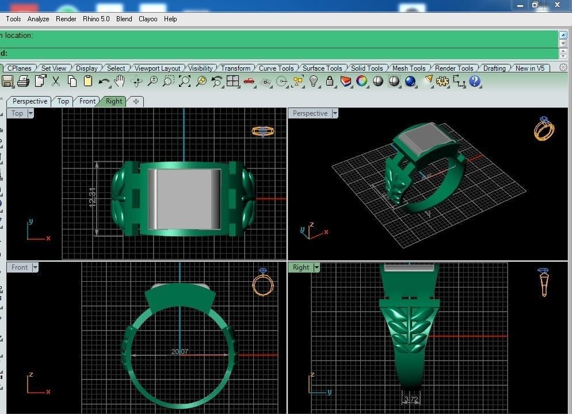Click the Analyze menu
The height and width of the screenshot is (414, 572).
pos(39,19)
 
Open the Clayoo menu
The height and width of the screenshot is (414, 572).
pos(148,19)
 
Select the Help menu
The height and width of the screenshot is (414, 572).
pos(170,19)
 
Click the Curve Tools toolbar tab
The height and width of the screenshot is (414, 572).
pos(276,68)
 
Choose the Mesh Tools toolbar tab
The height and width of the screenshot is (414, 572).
pos(409,68)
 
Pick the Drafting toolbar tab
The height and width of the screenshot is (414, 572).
pos(494,68)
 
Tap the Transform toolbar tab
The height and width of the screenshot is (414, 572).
pos(235,68)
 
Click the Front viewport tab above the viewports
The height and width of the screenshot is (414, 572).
pos(87,101)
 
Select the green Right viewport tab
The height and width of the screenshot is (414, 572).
pos(114,101)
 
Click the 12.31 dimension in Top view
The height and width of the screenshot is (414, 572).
pos(93,198)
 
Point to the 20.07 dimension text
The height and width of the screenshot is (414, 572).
pos(180,351)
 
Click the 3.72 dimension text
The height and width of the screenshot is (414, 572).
pos(410,399)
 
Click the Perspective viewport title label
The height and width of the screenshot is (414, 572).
pos(310,113)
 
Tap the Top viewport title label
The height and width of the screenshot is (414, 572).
pos(17,113)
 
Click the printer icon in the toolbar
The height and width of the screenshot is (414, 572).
pos(24,82)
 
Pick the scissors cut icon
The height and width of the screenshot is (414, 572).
pos(56,82)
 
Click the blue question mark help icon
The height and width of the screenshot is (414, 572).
pos(475,82)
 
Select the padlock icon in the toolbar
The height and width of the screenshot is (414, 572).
pos(330,82)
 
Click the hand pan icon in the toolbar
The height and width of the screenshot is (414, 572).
pos(120,82)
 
